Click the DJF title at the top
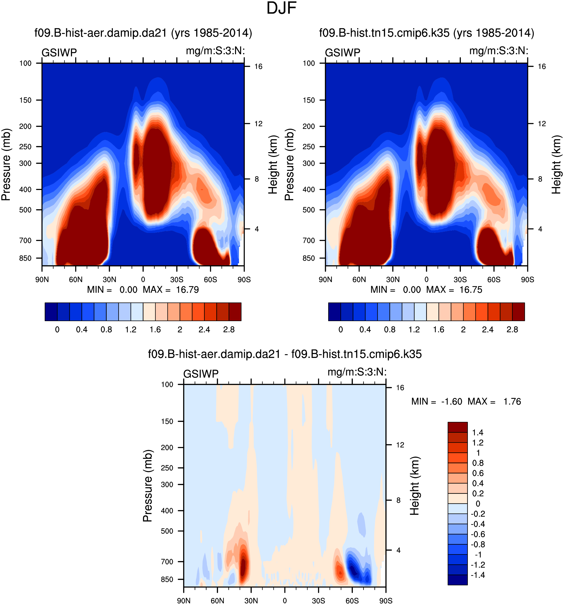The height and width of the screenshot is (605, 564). click(x=282, y=8)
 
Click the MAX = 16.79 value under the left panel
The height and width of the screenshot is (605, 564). click(x=171, y=290)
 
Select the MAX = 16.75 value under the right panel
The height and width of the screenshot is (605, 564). click(x=454, y=290)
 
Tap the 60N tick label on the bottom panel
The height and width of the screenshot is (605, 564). click(x=217, y=601)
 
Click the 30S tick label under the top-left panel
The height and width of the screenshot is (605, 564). click(x=177, y=280)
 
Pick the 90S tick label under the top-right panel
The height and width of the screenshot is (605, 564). click(x=527, y=280)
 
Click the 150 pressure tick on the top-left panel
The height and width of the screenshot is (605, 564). click(x=25, y=100)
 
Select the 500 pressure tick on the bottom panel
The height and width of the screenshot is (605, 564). click(x=167, y=531)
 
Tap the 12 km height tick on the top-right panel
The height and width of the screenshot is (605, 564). click(x=542, y=123)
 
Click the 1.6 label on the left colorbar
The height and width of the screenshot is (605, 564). click(x=155, y=330)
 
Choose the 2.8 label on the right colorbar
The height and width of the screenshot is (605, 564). click(x=512, y=330)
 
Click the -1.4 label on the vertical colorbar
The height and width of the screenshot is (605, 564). click(x=478, y=575)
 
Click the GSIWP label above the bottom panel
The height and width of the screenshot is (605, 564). click(x=201, y=374)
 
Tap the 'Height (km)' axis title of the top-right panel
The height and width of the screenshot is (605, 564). click(x=557, y=164)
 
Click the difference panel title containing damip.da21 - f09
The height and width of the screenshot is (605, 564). click(x=285, y=354)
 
